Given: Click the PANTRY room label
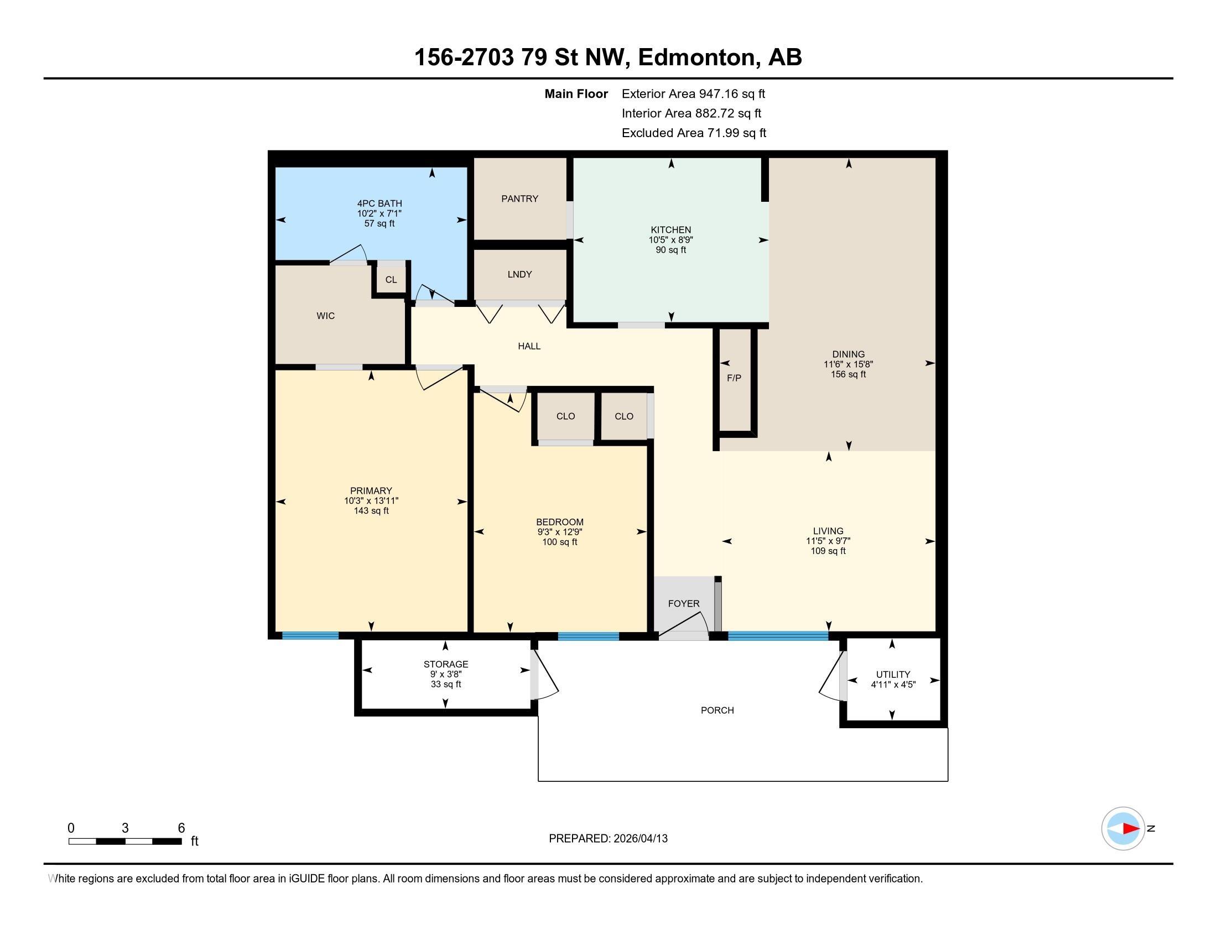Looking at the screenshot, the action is (519, 199).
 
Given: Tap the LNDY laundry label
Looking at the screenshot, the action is (519, 275).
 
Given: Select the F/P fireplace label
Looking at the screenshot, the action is (734, 378).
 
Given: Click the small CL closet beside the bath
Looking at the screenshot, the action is (391, 280).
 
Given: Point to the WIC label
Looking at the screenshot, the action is (325, 316).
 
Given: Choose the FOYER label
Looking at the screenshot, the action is (684, 604).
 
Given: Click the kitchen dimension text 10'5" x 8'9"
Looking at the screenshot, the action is (671, 240).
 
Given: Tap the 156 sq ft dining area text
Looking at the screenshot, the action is (848, 374).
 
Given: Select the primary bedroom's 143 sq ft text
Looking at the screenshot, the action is (371, 511).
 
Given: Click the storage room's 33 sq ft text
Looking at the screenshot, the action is (446, 685).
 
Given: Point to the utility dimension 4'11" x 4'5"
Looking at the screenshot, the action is (893, 685).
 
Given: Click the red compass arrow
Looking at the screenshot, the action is (1131, 829).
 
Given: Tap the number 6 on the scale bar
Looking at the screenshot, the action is (181, 828).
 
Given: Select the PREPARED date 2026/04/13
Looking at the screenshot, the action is (640, 839).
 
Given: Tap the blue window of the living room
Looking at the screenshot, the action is (778, 636).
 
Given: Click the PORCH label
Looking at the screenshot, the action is (717, 711).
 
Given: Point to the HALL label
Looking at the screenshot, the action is (529, 346).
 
